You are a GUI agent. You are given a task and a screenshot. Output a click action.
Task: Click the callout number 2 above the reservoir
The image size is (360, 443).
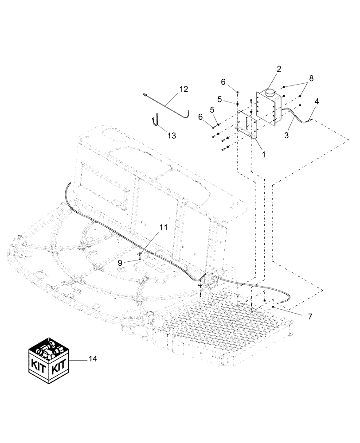[x=279, y=69]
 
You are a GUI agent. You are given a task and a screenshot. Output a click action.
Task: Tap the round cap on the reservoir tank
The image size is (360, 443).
[x=269, y=93]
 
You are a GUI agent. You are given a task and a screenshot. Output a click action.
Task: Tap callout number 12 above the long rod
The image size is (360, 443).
[x=184, y=89]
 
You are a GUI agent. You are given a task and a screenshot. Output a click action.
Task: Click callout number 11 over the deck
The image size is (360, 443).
[x=164, y=228]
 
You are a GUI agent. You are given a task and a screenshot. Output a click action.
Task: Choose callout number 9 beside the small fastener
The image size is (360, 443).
[x=120, y=262]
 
